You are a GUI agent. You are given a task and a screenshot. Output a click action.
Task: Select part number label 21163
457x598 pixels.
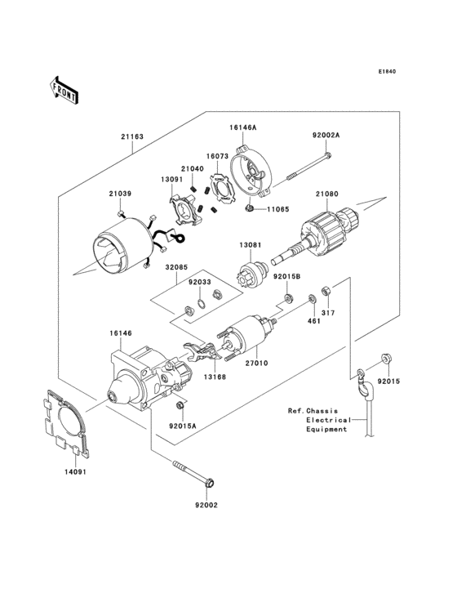(133, 137)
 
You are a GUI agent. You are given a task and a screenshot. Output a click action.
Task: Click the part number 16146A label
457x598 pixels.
(242, 127)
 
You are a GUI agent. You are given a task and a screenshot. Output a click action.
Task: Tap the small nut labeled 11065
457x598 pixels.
(246, 210)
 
